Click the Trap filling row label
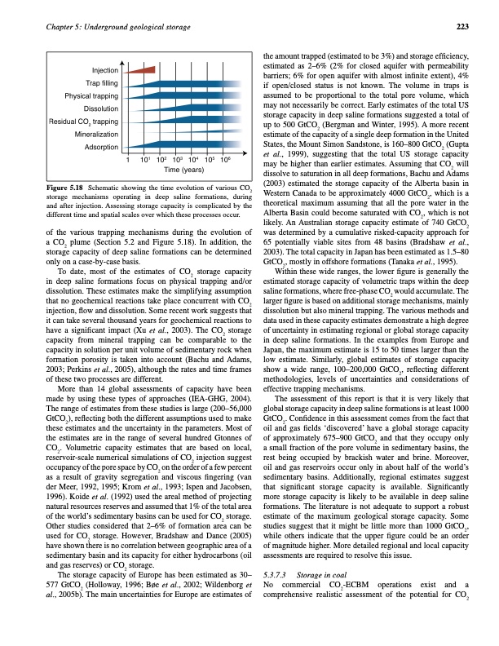point(103,83)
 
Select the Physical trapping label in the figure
point(92,96)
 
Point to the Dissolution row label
point(101,108)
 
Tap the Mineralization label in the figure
point(96,134)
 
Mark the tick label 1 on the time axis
point(128,161)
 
